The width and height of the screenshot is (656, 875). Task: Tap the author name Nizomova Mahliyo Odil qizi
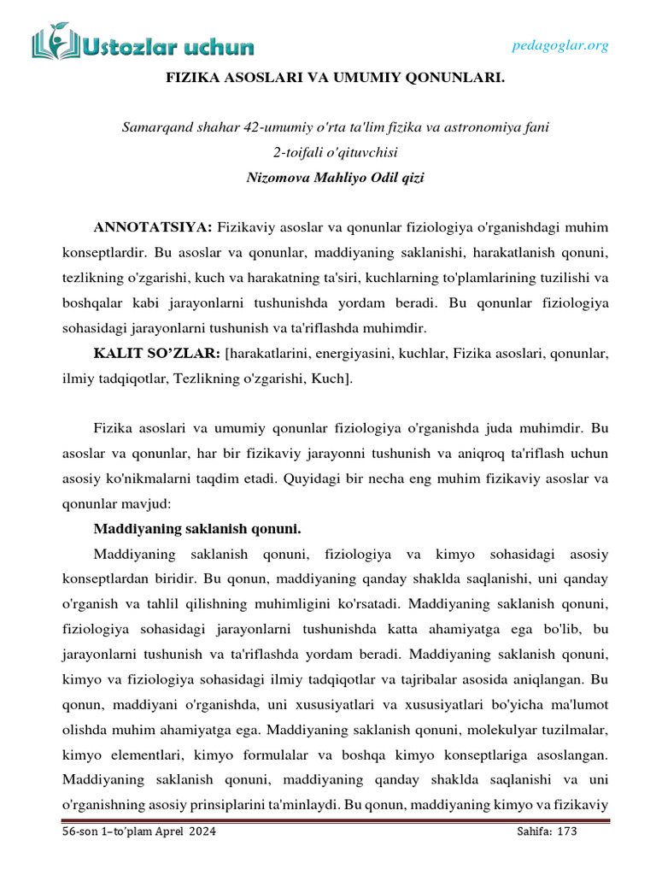tap(335, 179)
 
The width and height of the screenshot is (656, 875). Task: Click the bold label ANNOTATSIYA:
tap(153, 227)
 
